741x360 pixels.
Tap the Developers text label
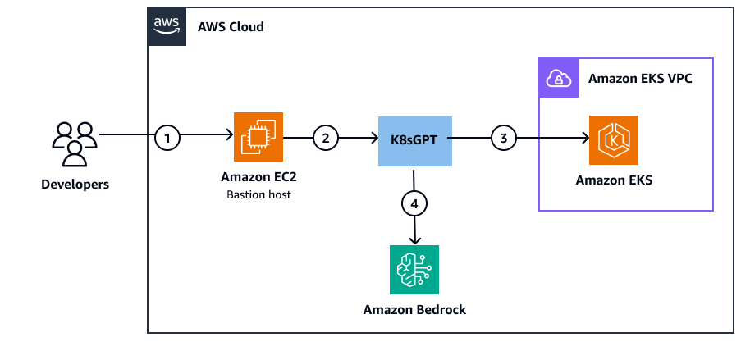(x=75, y=185)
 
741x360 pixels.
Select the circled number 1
(x=167, y=138)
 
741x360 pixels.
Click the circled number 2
(x=325, y=138)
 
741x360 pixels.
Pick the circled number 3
(x=503, y=138)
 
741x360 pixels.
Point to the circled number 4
(x=414, y=202)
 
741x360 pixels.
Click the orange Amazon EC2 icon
(x=258, y=138)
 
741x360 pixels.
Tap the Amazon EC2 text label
(x=258, y=178)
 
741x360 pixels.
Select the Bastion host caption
(x=258, y=194)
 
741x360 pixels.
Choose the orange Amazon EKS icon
(x=613, y=140)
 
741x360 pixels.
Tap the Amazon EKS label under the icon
(x=613, y=180)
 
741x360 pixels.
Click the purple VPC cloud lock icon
(x=558, y=78)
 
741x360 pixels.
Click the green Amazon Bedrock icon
(x=414, y=269)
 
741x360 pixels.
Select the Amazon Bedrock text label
(x=414, y=309)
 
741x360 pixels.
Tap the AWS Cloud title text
(x=231, y=26)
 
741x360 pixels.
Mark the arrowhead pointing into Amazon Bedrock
(x=414, y=240)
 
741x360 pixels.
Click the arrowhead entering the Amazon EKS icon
(x=584, y=139)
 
